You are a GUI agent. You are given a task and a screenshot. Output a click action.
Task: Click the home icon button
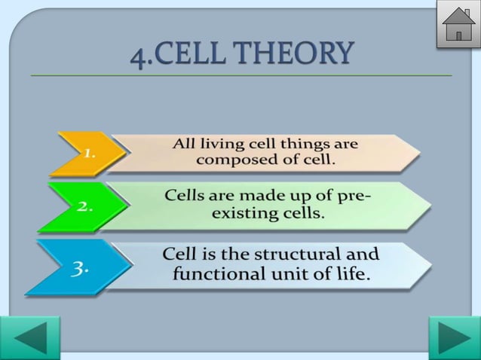point(458,25)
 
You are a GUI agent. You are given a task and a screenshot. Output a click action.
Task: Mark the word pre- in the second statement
point(354,196)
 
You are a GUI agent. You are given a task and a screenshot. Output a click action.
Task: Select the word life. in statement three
point(351,273)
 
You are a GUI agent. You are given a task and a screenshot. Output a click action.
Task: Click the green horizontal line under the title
point(241,76)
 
